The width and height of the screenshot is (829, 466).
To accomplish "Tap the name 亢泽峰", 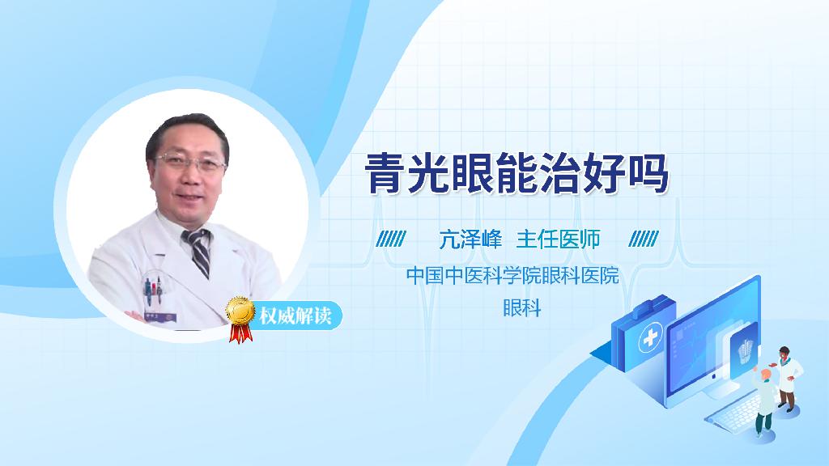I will click(x=471, y=239).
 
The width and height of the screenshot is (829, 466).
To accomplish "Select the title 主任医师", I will click(x=558, y=239).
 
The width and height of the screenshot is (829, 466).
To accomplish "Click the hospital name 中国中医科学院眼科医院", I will click(x=512, y=276).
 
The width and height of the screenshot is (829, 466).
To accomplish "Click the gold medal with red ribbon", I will click(x=240, y=316).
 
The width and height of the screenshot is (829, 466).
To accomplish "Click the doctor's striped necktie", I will click(x=198, y=251).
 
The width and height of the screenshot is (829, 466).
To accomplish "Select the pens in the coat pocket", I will click(x=151, y=288).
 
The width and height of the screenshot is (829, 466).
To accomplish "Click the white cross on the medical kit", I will click(x=650, y=338).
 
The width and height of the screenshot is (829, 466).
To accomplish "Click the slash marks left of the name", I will click(x=391, y=239).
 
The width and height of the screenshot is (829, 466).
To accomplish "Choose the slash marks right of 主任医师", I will click(x=644, y=239).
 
